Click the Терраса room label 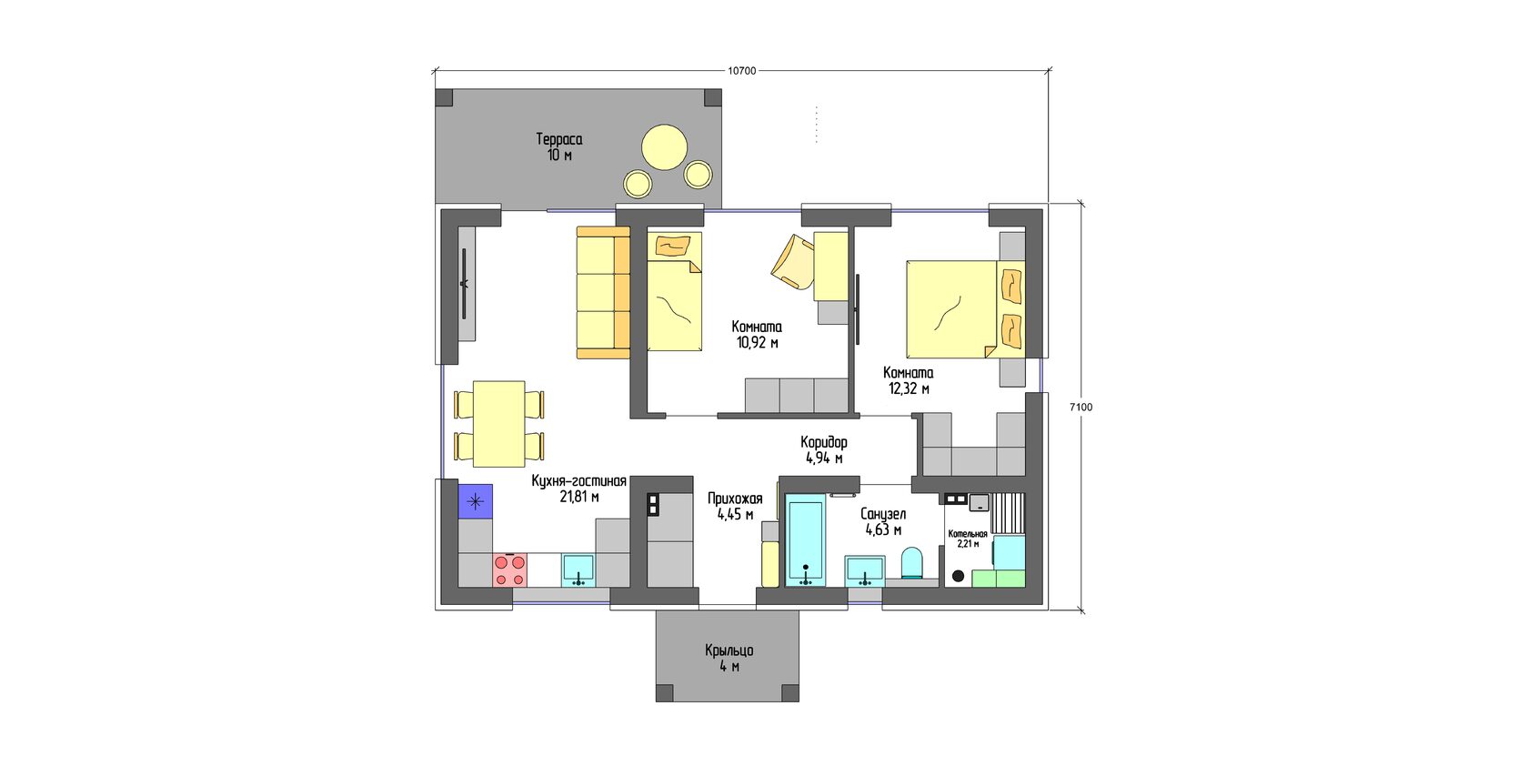click(x=558, y=139)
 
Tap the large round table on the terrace click(x=664, y=147)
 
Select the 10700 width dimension click(x=742, y=70)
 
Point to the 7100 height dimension click(x=1081, y=408)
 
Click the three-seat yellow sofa click(x=604, y=293)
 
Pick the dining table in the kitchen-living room click(x=499, y=424)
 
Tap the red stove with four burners click(x=509, y=569)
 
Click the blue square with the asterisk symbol click(x=476, y=501)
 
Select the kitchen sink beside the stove click(x=578, y=570)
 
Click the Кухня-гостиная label click(x=578, y=481)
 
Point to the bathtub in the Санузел click(x=806, y=540)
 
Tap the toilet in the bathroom click(x=912, y=563)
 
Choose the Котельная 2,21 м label click(x=968, y=539)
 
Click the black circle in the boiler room click(x=959, y=577)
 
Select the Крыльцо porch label click(x=729, y=650)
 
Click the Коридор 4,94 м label click(x=824, y=450)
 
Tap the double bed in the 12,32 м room click(x=965, y=309)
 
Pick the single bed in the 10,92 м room click(x=675, y=292)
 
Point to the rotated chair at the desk click(x=793, y=262)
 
